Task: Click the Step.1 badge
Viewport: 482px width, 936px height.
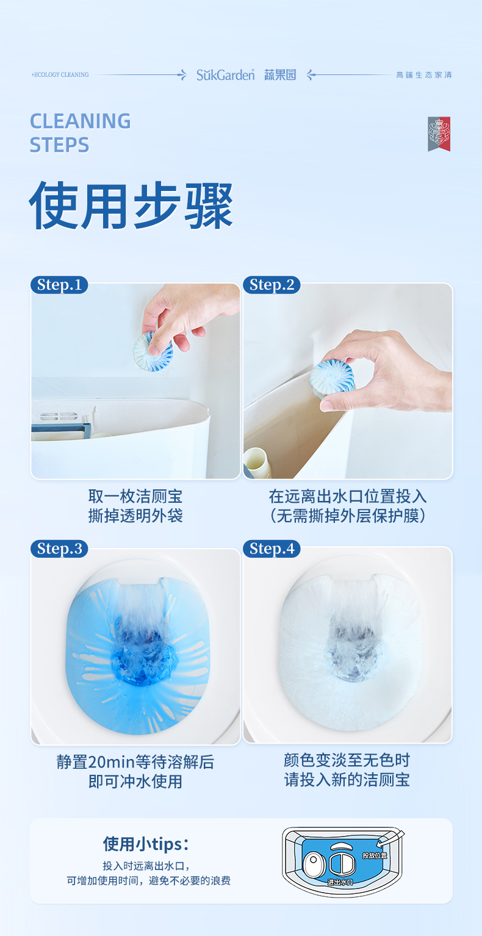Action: click(x=59, y=285)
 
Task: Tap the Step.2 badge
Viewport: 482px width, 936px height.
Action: click(x=272, y=285)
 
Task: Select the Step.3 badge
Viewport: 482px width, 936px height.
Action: click(x=59, y=549)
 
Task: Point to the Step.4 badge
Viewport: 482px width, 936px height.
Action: click(x=272, y=549)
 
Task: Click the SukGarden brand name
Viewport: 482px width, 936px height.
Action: click(x=226, y=75)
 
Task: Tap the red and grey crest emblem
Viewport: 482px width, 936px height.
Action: click(x=439, y=134)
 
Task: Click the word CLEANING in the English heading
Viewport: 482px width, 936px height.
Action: click(x=80, y=121)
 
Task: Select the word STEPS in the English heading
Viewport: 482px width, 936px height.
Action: click(x=59, y=145)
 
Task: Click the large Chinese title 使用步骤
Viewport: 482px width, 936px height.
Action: click(x=131, y=206)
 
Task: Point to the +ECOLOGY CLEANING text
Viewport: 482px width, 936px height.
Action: click(x=60, y=75)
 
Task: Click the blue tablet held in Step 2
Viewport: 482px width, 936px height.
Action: click(x=332, y=380)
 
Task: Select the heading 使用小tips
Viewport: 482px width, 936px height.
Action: click(x=146, y=844)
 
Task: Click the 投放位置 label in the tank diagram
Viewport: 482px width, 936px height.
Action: click(x=374, y=855)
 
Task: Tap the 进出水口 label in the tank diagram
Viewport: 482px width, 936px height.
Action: click(x=340, y=882)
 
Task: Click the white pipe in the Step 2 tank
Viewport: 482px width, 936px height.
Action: click(x=257, y=463)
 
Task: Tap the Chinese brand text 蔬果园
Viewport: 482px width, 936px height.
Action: click(x=280, y=75)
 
